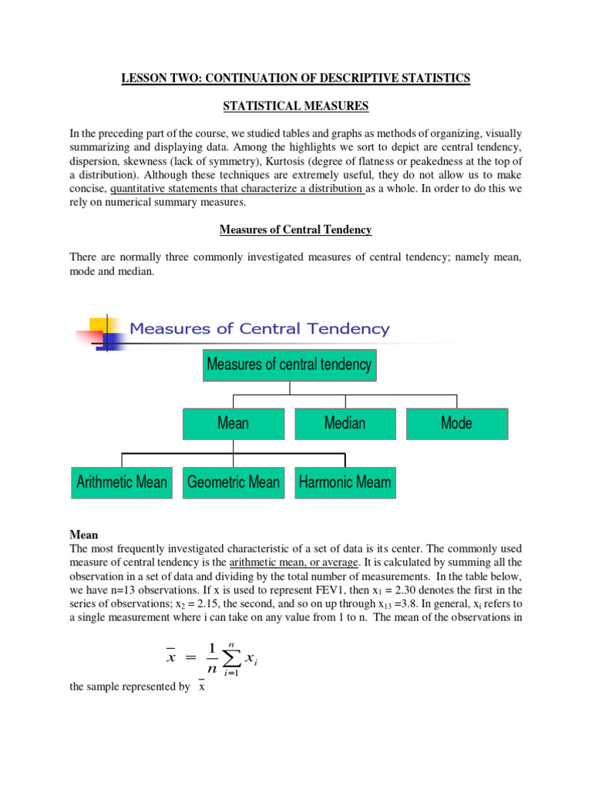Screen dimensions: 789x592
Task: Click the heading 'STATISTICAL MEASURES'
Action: tap(295, 106)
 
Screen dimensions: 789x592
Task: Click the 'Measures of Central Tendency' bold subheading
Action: tap(295, 230)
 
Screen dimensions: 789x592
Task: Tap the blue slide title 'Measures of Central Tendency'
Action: tap(259, 329)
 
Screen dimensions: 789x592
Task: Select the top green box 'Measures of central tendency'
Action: tap(289, 364)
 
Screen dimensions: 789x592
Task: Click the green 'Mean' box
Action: tap(233, 423)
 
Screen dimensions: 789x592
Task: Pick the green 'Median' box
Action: tap(345, 423)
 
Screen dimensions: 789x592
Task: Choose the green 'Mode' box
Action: tap(456, 423)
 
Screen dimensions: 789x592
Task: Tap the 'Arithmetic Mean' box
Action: tap(122, 482)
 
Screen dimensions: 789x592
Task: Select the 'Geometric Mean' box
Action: tap(234, 482)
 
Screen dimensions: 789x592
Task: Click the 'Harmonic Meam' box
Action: tap(345, 482)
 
